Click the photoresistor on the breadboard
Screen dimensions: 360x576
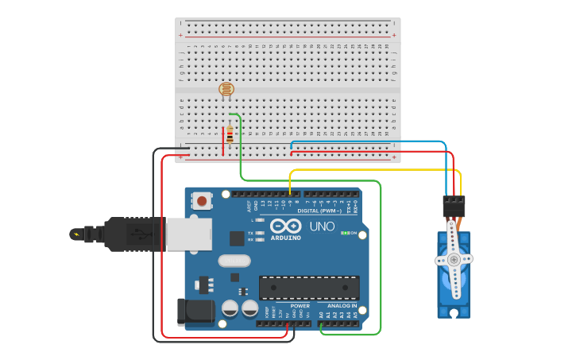(226, 89)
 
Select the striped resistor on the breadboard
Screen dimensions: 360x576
(230, 135)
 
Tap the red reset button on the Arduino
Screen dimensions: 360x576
(202, 201)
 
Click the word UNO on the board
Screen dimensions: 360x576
(321, 226)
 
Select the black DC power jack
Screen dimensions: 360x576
(195, 312)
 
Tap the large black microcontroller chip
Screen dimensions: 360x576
(308, 287)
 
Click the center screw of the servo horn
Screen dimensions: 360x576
(454, 259)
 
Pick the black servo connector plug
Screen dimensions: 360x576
(454, 206)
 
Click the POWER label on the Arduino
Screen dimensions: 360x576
(300, 306)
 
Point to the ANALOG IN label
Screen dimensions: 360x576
(342, 306)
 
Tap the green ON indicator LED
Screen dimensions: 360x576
(346, 233)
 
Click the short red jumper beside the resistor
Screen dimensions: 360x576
(223, 140)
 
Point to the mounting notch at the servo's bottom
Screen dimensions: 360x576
(454, 313)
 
